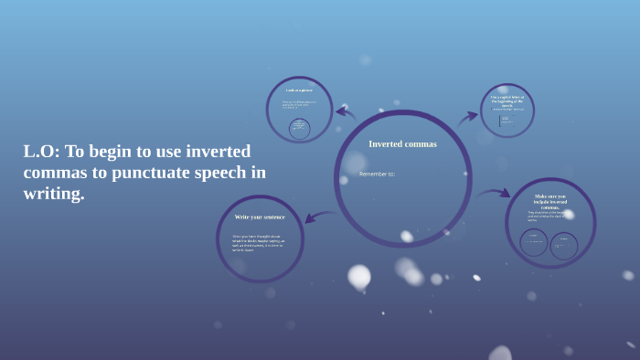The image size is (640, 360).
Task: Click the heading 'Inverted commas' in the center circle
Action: pos(402,143)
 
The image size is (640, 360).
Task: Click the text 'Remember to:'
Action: pos(377,174)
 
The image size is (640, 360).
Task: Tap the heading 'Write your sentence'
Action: pos(260,217)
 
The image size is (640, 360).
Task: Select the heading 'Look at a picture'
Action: pos(299,90)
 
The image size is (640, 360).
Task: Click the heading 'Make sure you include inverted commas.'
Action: pos(550,201)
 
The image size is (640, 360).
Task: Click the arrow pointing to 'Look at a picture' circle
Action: pos(345,113)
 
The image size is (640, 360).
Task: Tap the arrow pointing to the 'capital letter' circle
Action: pos(467,116)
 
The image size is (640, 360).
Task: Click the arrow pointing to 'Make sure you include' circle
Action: pos(495,193)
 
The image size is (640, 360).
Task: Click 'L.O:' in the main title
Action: pos(41,152)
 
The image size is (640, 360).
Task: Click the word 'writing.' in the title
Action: pos(53,194)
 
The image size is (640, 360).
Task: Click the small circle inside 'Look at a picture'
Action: pos(299,128)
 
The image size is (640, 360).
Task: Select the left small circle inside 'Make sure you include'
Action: pos(534,242)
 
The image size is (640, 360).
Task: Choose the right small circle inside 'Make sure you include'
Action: pos(563,245)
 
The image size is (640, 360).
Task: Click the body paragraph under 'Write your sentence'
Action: pos(258,242)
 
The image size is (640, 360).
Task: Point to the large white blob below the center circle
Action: pos(359,276)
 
